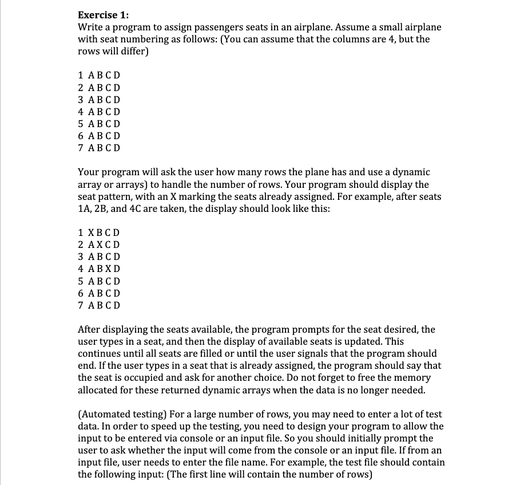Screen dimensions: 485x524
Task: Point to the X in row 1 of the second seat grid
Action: (92, 233)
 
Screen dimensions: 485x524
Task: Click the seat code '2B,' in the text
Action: (105, 208)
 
